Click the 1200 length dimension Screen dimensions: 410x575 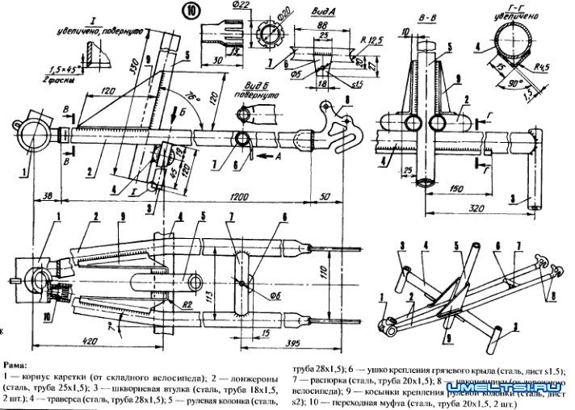pos(238,196)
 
